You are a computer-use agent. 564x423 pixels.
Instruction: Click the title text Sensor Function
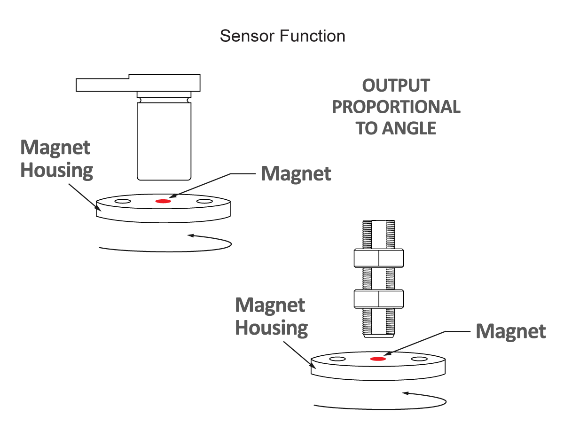[x=282, y=36]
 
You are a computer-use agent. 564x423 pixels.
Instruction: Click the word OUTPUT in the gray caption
[x=396, y=86]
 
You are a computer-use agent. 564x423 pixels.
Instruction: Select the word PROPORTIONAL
[x=396, y=107]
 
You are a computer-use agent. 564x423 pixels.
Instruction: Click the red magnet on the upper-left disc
[x=163, y=201]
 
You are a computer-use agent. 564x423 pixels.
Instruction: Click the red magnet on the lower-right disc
[x=377, y=359]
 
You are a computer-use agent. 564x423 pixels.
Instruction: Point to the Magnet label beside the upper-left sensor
[x=296, y=174]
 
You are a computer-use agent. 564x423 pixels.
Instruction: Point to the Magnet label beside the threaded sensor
[x=510, y=331]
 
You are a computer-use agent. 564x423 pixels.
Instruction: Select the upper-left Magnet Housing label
[x=56, y=159]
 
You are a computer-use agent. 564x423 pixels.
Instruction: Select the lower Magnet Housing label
[x=271, y=316]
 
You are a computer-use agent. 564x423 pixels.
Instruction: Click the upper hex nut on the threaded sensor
[x=378, y=258]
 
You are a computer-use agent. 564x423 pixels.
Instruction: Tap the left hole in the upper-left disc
[x=122, y=201]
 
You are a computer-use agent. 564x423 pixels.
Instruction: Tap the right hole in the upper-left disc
[x=204, y=201]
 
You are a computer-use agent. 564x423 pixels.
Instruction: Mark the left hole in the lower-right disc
[x=337, y=359]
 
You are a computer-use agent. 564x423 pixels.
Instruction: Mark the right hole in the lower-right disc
[x=419, y=359]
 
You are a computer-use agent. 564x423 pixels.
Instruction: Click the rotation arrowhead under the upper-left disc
[x=190, y=235]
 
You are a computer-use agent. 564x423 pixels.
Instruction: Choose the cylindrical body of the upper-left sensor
[x=164, y=141]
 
